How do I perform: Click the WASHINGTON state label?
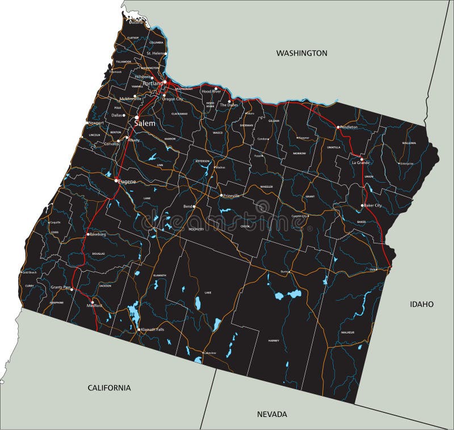301,53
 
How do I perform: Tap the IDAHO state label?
422,304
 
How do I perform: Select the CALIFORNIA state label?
109,388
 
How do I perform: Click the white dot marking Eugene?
116,180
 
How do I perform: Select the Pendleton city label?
349,127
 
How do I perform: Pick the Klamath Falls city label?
153,329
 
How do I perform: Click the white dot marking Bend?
194,206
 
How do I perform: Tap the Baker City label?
373,205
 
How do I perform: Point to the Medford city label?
94,306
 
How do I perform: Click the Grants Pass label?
61,288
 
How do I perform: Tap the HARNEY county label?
274,340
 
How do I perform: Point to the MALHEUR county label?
347,332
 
